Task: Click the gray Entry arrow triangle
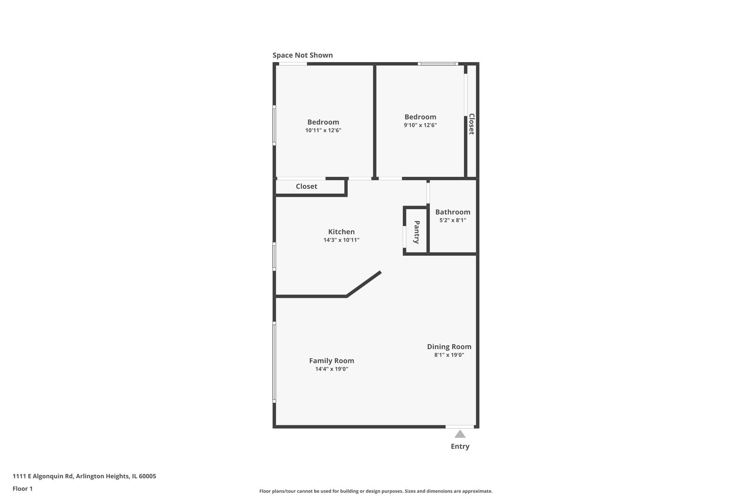coord(460,434)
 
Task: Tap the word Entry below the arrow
coord(460,446)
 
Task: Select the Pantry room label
coord(416,232)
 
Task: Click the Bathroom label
coord(453,212)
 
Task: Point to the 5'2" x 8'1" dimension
coord(453,220)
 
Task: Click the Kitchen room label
coord(341,232)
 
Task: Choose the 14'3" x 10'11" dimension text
coord(341,240)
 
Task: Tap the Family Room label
coord(331,360)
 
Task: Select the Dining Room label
coord(449,347)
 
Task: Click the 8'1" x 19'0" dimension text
coord(449,355)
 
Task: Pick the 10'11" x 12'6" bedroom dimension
coord(323,130)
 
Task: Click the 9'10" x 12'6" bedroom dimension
coord(420,125)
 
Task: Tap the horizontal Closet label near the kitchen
coord(306,186)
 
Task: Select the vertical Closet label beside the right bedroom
coord(471,124)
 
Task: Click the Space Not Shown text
coord(302,55)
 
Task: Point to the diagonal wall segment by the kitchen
coord(364,284)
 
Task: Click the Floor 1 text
coord(22,488)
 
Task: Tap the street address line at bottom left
coord(84,476)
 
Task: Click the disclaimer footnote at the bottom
coord(376,491)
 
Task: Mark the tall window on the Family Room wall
coord(274,362)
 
